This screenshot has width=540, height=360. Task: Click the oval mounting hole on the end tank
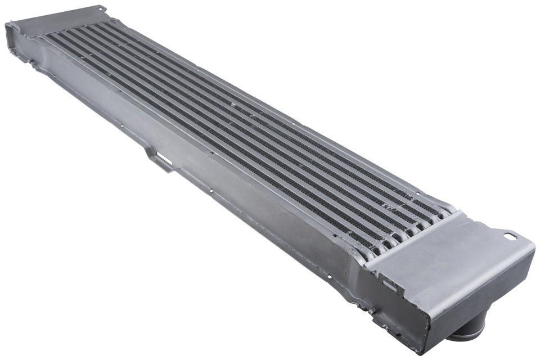point(509,236)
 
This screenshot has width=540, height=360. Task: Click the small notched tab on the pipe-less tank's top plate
point(101,7)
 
